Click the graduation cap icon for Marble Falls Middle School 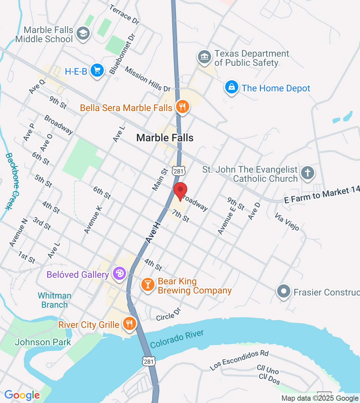83,33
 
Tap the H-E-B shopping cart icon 97,70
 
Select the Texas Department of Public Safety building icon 205,57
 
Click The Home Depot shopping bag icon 232,87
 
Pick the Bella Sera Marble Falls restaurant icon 182,106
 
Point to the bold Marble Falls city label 165,138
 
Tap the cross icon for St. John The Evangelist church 307,173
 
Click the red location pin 180,191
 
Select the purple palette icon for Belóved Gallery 119,273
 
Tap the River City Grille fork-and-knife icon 130,324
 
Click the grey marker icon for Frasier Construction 283,291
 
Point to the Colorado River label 177,339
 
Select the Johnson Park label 43,342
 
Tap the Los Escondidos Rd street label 239,360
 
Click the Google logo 22,395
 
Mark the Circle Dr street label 169,315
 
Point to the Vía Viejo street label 287,222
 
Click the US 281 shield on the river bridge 148,361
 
